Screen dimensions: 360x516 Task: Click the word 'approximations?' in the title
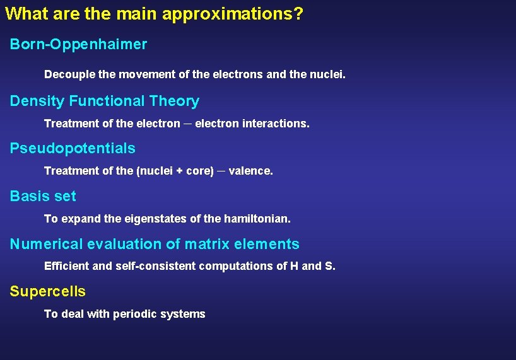point(232,15)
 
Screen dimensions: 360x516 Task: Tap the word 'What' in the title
point(24,14)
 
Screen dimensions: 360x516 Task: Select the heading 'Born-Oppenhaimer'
point(78,45)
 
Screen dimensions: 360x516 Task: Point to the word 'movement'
point(147,75)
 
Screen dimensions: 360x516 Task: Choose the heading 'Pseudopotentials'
point(73,149)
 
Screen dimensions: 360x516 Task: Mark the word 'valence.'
point(251,171)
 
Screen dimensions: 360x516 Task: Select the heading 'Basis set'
point(43,197)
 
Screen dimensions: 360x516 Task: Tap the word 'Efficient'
point(67,266)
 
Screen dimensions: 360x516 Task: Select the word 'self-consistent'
point(155,266)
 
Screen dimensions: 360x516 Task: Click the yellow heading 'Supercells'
point(48,292)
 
